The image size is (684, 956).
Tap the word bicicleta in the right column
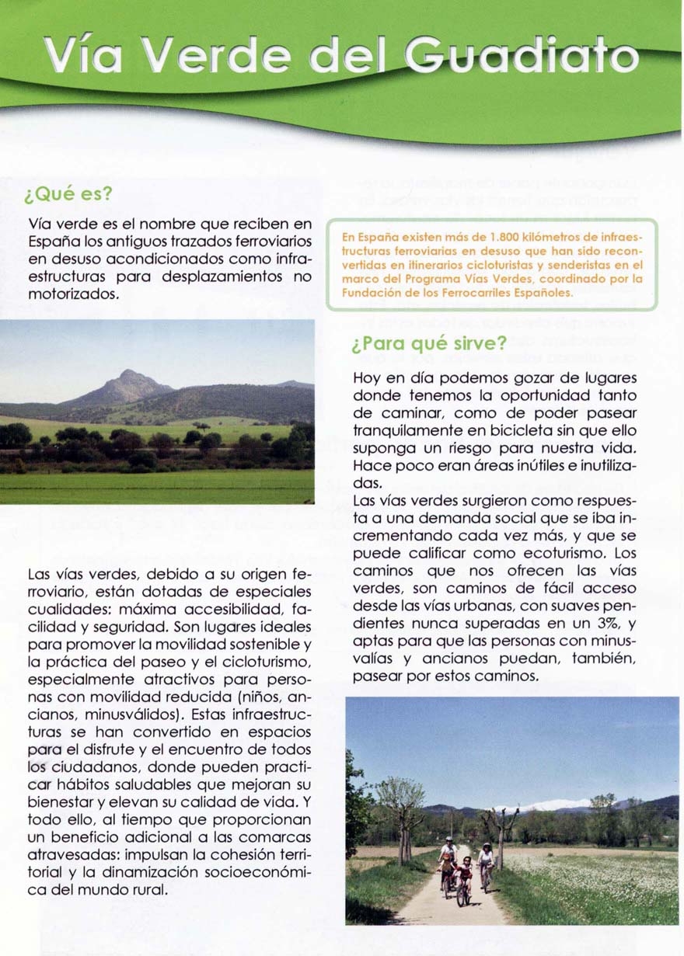click(x=501, y=430)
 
